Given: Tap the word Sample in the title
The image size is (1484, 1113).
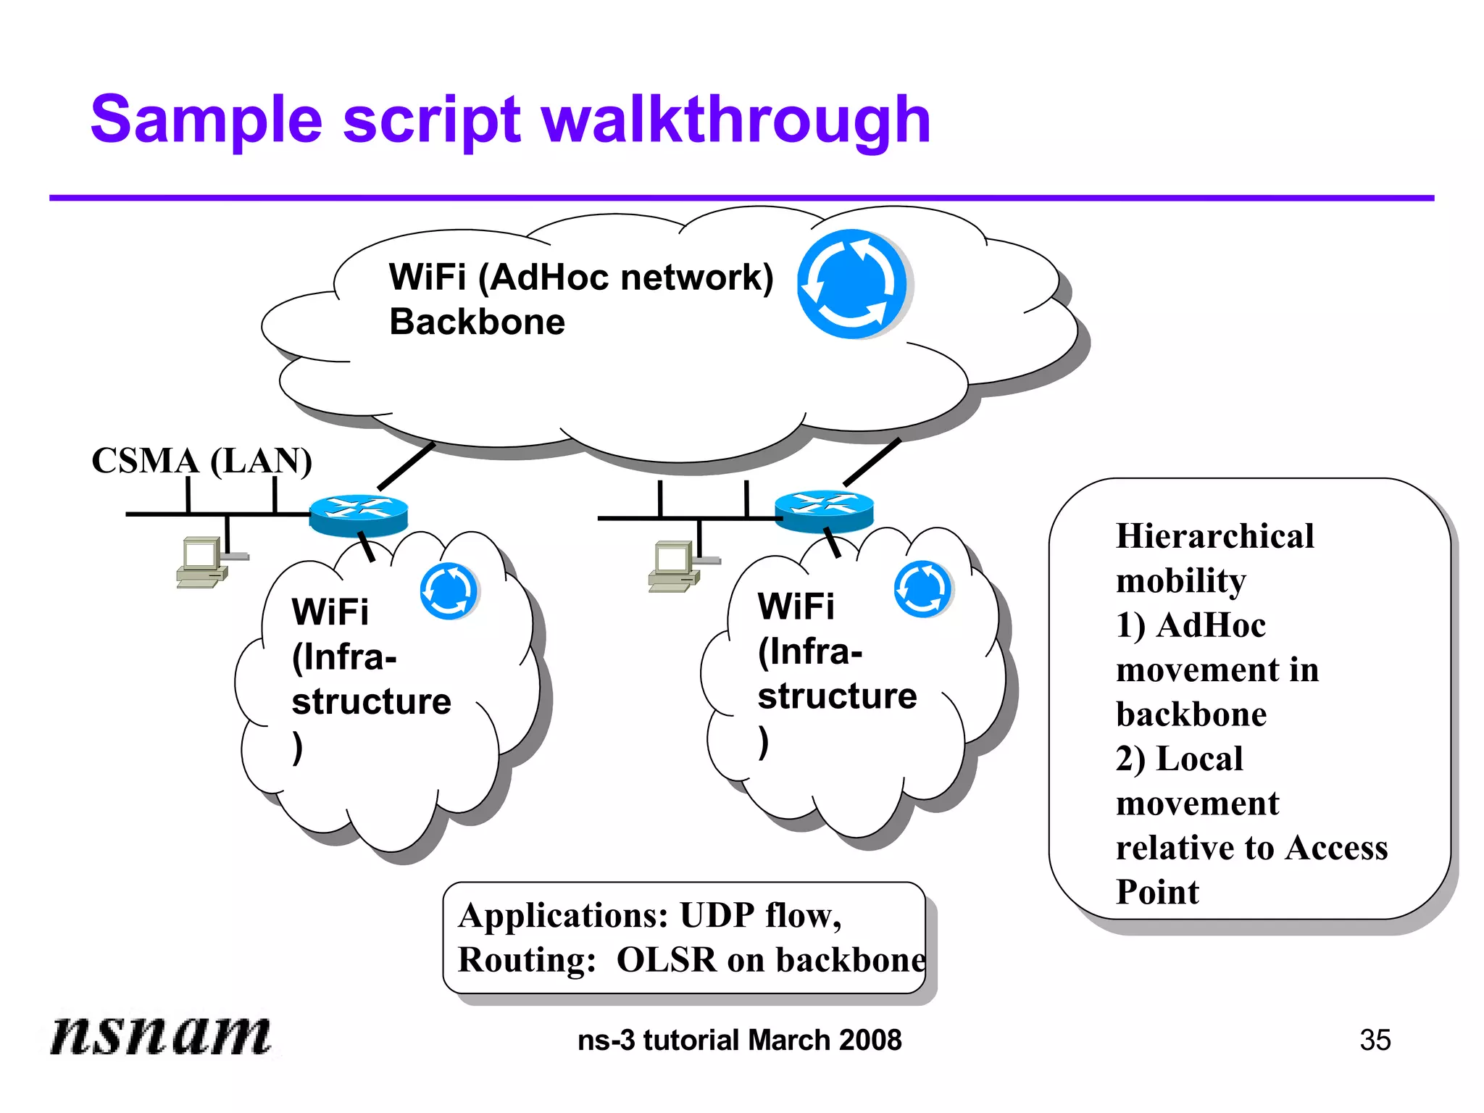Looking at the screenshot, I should [206, 120].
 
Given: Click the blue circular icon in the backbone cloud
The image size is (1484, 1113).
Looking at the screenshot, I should [852, 284].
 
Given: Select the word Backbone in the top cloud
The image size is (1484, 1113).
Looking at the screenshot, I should [477, 322].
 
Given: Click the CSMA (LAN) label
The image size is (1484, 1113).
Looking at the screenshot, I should [201, 461].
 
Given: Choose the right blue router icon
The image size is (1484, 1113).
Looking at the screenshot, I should [824, 511].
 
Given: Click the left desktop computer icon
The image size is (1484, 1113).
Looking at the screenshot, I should [203, 562].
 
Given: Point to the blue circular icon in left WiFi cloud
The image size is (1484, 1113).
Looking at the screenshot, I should [449, 591].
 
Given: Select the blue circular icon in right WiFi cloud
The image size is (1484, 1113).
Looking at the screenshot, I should [922, 588].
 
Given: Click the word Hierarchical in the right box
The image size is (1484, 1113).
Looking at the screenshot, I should [1214, 536].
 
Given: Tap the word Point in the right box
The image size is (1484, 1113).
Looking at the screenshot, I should [1157, 892].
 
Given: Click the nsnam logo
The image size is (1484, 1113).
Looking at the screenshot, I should [160, 1034].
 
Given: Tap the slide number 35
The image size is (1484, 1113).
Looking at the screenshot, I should [1375, 1041].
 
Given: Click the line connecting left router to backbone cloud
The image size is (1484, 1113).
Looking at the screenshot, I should [406, 467].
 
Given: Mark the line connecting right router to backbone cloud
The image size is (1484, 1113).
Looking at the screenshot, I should [872, 462].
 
